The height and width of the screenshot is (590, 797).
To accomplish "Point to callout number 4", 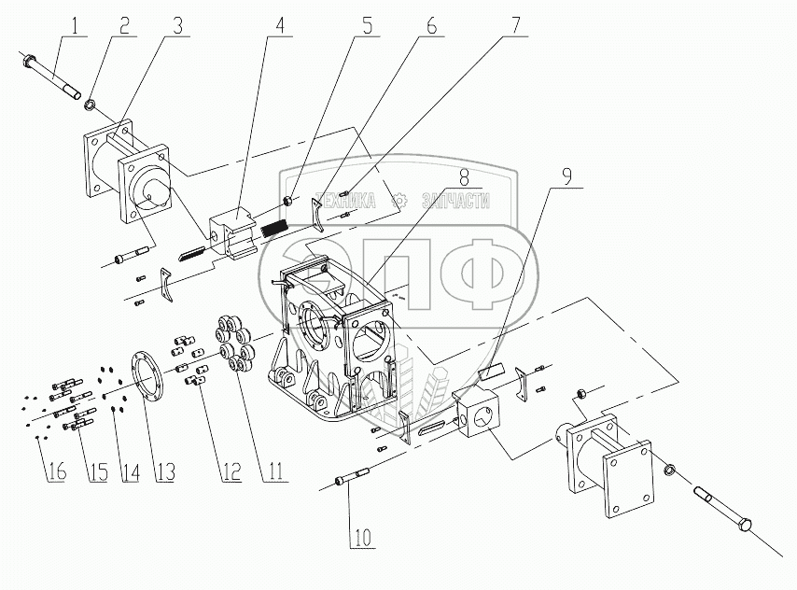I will pyautogui.click(x=277, y=23).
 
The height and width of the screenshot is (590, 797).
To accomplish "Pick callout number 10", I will pyautogui.click(x=360, y=537).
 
